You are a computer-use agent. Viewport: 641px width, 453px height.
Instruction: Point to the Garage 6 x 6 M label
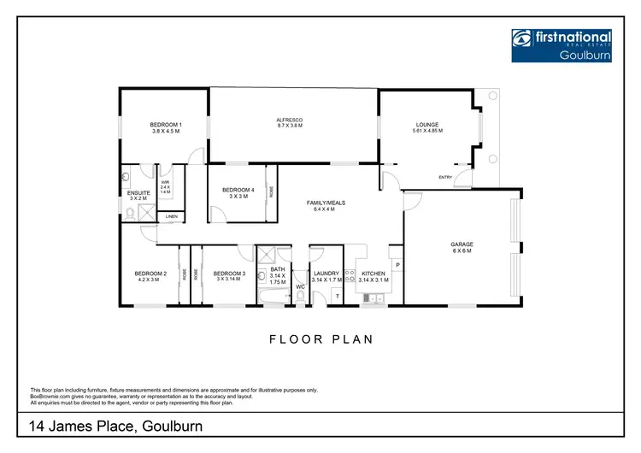[x=462, y=248]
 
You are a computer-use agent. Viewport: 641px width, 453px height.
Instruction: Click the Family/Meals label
[x=326, y=205]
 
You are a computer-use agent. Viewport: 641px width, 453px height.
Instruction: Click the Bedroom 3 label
[x=230, y=276]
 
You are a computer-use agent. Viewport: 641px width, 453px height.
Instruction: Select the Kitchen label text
[x=373, y=276]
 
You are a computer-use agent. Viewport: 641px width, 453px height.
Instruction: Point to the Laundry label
[x=326, y=276]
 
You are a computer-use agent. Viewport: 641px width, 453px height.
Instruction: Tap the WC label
[x=300, y=287]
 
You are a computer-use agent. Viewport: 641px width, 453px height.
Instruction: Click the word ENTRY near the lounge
[x=445, y=177]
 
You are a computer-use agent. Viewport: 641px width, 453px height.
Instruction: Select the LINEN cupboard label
[x=172, y=217]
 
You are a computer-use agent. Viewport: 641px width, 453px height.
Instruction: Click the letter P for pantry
[x=397, y=266]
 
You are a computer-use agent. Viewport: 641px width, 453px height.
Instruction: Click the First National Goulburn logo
[x=562, y=44]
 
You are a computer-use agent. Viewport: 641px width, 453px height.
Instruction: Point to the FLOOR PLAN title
[x=321, y=339]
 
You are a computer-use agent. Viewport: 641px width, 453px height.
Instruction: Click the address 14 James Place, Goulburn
[x=115, y=425]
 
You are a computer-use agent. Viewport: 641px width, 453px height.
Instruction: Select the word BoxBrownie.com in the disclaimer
[x=50, y=395]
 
